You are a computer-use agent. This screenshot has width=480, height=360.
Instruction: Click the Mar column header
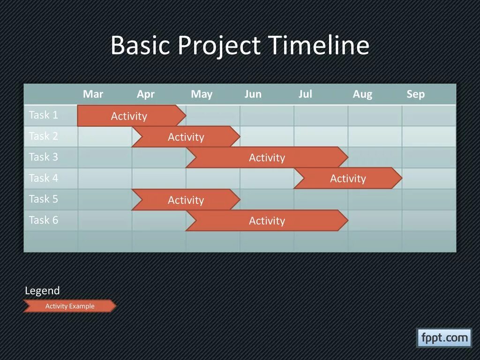(93, 94)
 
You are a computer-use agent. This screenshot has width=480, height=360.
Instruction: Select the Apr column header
(146, 94)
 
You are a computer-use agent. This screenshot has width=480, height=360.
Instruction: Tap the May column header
(202, 94)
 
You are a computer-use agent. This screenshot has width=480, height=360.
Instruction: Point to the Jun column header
(253, 94)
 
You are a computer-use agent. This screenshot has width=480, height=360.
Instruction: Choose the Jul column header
(305, 94)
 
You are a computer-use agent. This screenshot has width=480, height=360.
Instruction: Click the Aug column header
(362, 94)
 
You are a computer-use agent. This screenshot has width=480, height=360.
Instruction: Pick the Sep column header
(416, 94)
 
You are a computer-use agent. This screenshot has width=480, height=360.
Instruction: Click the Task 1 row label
(44, 115)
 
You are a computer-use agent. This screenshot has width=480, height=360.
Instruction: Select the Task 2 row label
(44, 136)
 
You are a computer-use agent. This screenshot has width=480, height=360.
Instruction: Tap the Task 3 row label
(44, 157)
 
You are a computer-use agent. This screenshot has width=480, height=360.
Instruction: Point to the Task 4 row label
(44, 178)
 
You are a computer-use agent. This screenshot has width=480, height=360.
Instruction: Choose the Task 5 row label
(44, 199)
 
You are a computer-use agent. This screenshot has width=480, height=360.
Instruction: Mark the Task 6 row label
(44, 220)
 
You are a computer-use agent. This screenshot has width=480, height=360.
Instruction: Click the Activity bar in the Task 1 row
(132, 116)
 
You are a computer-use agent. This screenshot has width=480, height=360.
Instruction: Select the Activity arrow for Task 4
(348, 178)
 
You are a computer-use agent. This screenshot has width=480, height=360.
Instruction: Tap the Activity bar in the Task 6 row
(267, 220)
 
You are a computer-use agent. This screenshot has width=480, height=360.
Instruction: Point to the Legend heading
(42, 291)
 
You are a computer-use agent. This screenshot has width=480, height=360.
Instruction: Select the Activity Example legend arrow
(70, 306)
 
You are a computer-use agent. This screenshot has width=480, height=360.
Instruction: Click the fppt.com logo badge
(444, 338)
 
